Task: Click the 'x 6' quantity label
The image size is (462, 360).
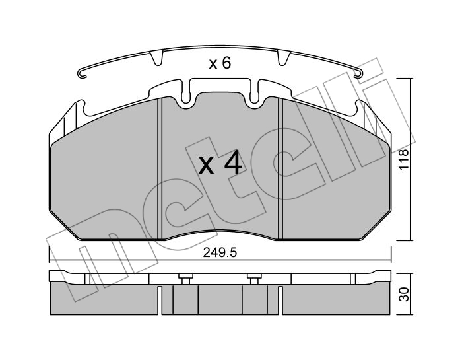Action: point(220,63)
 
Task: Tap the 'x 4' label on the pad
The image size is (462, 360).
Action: point(220,165)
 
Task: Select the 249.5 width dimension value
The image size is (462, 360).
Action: point(220,253)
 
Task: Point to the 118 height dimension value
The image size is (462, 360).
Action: point(404,159)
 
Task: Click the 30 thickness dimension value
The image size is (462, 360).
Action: point(404,294)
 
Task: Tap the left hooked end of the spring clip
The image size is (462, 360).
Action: point(82,74)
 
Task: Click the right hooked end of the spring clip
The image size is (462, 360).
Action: point(358,74)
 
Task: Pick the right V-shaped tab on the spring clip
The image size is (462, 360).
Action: point(284,57)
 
